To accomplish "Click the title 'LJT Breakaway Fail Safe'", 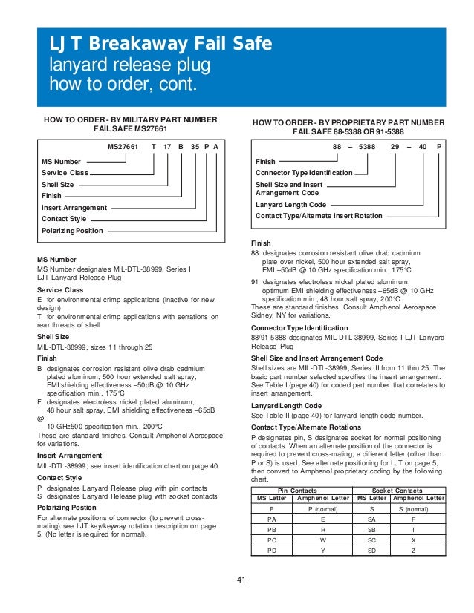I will pos(160,45).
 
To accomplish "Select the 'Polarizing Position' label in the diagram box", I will pos(72,231).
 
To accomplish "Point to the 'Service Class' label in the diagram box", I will pos(65,172).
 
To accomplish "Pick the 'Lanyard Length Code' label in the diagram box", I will pos(290,204).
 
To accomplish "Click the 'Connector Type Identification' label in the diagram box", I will pos(304,172).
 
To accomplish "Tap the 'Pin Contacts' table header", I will pos(297,491).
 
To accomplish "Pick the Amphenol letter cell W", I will pos(322,541).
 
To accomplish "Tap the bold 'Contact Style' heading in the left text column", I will pos(59,477).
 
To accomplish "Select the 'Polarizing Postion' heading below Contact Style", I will pos(68,508).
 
